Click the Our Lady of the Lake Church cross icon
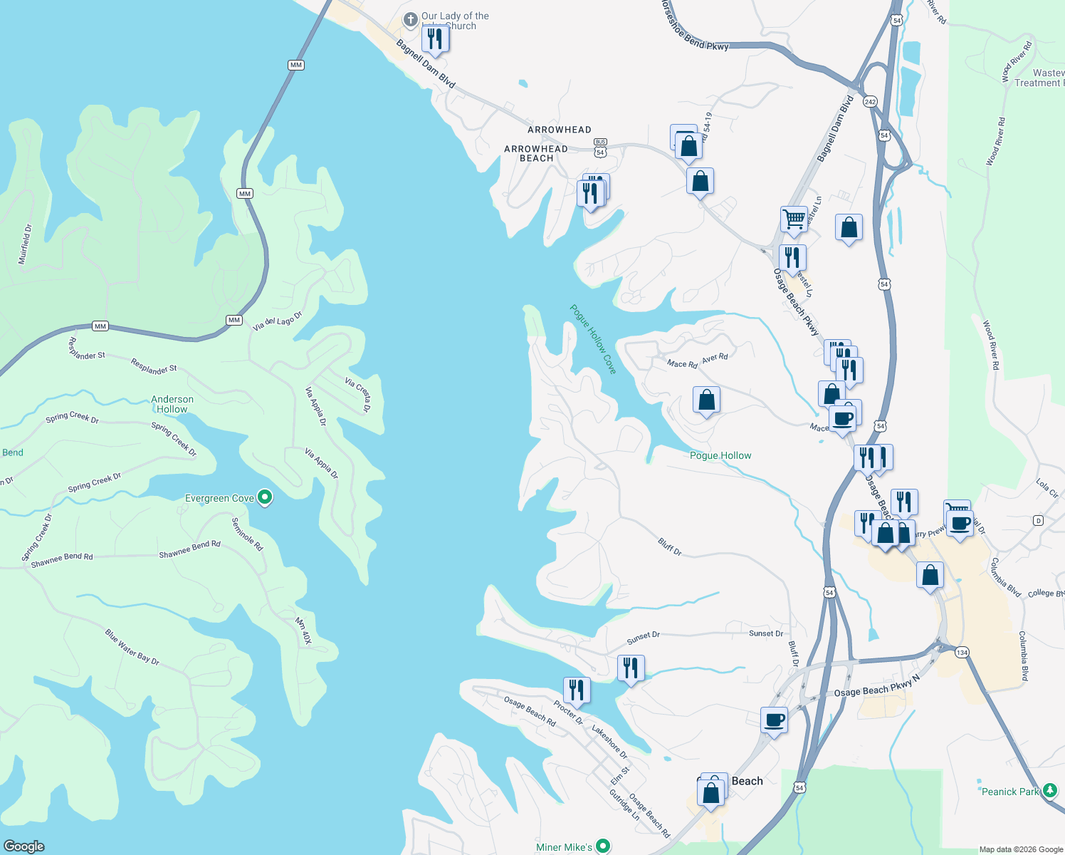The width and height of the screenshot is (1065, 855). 411,20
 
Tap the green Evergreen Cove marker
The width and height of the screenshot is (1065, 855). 265,497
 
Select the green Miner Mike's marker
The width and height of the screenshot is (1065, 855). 603,846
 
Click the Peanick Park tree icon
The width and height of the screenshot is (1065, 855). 1049,790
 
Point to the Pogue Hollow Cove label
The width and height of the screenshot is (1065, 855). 593,339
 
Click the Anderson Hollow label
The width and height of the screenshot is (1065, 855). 172,404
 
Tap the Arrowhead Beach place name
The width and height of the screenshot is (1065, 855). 536,153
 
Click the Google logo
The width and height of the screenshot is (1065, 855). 23,846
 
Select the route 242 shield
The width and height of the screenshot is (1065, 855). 870,102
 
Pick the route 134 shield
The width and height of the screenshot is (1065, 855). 962,653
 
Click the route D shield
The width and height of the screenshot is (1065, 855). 1038,521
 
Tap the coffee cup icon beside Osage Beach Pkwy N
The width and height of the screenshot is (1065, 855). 774,720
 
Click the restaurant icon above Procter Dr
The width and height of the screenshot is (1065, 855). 576,690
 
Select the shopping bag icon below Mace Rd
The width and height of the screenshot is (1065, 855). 706,400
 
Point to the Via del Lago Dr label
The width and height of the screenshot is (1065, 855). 277,321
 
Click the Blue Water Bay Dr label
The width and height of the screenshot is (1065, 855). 132,647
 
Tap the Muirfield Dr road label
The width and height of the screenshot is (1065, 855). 25,244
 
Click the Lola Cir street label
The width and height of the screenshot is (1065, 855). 1046,488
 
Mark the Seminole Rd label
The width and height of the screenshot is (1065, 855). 247,534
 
